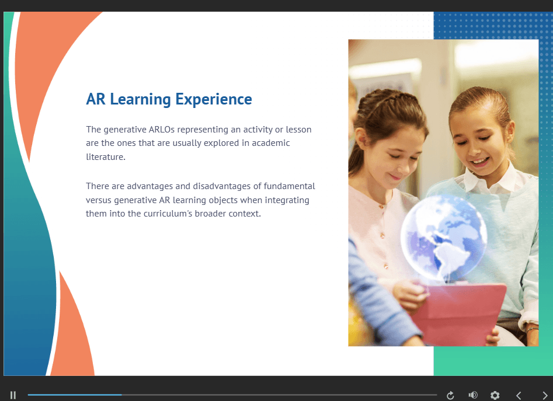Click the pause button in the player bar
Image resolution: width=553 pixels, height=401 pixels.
pos(13,395)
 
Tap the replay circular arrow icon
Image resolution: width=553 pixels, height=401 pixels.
pos(450,395)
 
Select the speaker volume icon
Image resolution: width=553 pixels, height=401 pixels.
pos(473,395)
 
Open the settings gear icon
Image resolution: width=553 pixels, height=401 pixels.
pos(495,395)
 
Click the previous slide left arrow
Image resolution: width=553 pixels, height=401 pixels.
pos(519,395)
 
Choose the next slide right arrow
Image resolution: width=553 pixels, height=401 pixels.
pos(545,395)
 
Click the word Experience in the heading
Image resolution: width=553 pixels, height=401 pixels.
pos(214,100)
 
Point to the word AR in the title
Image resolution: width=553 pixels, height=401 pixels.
pos(96,99)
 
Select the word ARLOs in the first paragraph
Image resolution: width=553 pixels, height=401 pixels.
pos(162,130)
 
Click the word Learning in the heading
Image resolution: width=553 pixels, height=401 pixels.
pos(140,100)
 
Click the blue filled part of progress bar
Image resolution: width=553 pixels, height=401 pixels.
pos(75,395)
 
